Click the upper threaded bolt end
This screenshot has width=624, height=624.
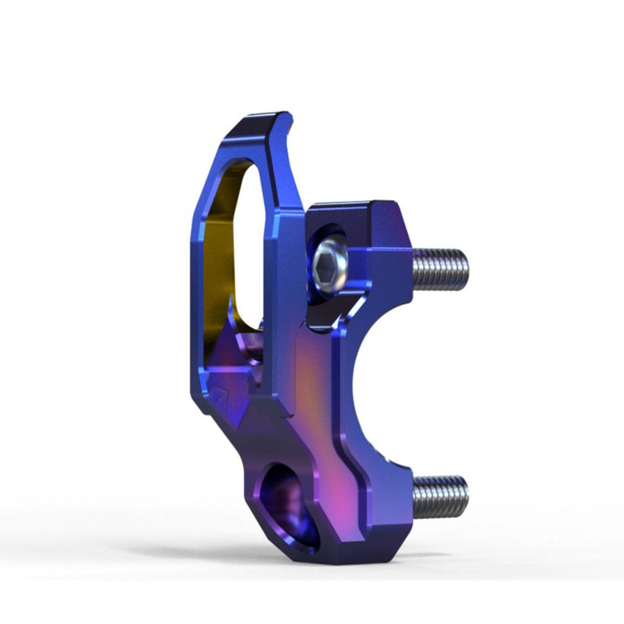pyautogui.click(x=440, y=269)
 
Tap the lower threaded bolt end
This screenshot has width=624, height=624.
pyautogui.click(x=440, y=496)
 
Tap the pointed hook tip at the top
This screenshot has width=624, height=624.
pyautogui.click(x=286, y=115)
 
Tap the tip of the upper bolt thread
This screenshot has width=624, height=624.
pyautogui.click(x=466, y=269)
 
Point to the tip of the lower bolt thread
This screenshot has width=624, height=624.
pyautogui.click(x=466, y=496)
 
